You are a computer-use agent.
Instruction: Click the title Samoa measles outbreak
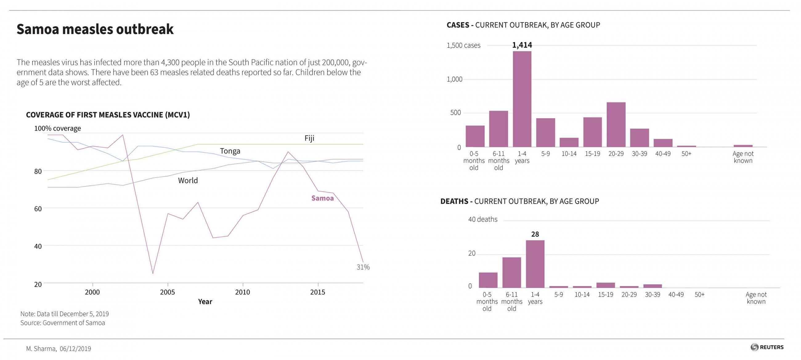click(x=95, y=29)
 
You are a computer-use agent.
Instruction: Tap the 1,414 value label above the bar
click(x=522, y=45)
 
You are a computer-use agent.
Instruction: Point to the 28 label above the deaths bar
click(x=535, y=234)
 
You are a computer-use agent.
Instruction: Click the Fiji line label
click(x=309, y=138)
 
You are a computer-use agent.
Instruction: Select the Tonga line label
click(x=230, y=151)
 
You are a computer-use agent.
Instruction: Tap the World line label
click(x=188, y=181)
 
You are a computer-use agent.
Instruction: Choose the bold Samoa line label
click(x=322, y=198)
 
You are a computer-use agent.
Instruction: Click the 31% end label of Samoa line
click(x=363, y=267)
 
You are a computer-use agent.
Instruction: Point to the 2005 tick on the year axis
click(x=167, y=292)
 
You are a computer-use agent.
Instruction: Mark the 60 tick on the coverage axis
click(x=38, y=209)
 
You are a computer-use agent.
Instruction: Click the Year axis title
click(x=205, y=301)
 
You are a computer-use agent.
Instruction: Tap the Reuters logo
click(x=767, y=347)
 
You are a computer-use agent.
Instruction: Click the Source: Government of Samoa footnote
click(x=63, y=323)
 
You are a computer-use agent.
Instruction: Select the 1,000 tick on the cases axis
click(x=454, y=79)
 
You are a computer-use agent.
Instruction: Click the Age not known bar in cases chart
click(x=743, y=146)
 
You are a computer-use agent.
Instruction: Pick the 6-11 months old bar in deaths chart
click(x=511, y=272)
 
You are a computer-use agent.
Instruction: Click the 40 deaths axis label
click(x=482, y=220)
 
